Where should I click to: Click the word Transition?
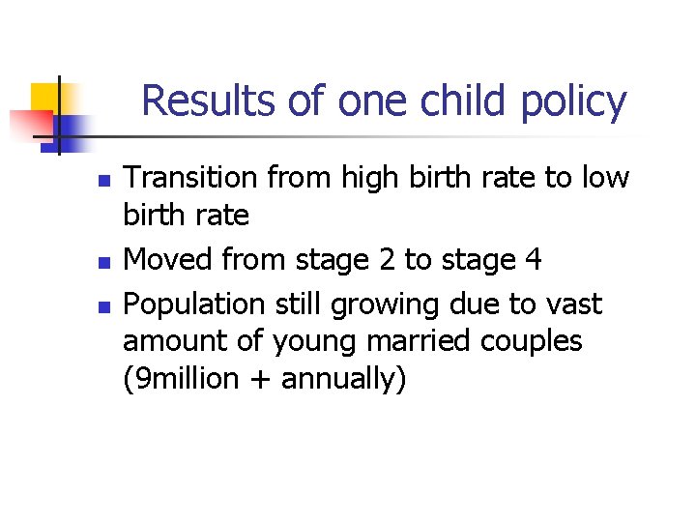pos(191,178)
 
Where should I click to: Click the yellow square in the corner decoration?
pos(44,99)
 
